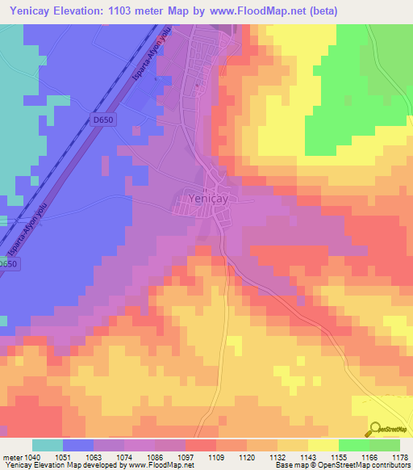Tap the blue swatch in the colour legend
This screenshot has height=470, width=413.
78,445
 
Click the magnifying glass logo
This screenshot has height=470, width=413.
376,429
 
